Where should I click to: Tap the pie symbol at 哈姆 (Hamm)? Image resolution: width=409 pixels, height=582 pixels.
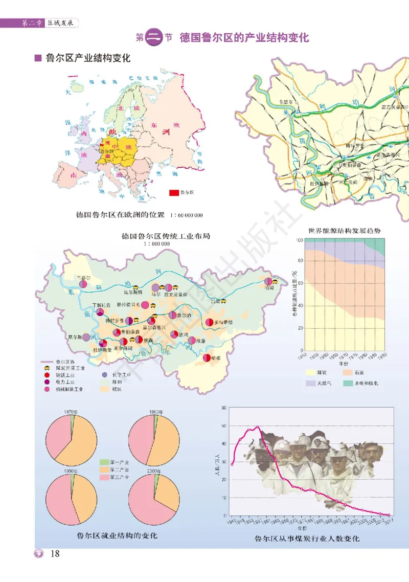click(x=268, y=281)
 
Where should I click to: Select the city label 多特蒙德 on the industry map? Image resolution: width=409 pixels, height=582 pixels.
click(x=223, y=322)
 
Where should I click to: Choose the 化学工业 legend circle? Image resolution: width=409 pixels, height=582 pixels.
click(x=105, y=375)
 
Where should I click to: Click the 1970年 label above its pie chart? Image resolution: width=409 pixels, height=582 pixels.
click(x=71, y=412)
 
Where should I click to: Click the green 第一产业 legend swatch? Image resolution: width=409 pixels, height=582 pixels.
click(x=105, y=462)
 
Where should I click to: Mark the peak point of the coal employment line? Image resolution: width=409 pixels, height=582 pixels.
click(x=257, y=427)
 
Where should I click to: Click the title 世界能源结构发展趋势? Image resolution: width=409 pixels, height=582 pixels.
click(x=345, y=231)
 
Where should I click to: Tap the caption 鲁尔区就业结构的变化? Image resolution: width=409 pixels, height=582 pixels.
click(x=117, y=535)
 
